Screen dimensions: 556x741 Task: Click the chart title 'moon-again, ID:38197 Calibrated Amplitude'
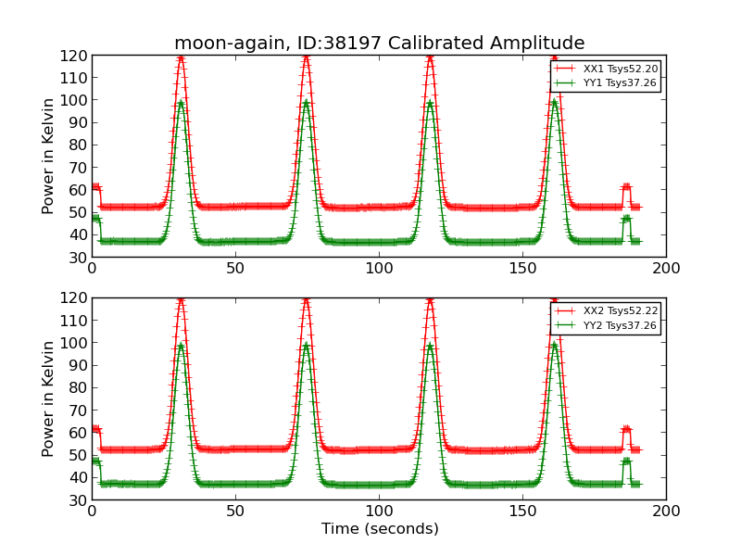[x=379, y=44]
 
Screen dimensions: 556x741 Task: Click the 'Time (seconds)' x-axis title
[x=379, y=529]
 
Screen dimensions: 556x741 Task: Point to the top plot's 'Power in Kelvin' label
[x=49, y=156]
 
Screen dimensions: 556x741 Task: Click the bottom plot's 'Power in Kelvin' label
[x=49, y=398]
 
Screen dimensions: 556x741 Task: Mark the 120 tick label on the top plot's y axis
[x=75, y=56]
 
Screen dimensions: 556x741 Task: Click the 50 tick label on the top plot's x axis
[x=235, y=269]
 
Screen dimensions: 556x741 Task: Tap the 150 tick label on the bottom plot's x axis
[x=522, y=512]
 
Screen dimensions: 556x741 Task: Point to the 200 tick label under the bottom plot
[x=666, y=512]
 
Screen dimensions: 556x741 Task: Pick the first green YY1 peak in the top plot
[x=181, y=102]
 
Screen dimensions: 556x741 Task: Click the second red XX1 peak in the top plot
[x=306, y=57]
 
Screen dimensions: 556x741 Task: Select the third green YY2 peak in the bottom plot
[x=430, y=346]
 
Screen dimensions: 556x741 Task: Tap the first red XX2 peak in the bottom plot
[x=181, y=300]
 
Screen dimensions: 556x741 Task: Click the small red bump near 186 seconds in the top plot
[x=626, y=187]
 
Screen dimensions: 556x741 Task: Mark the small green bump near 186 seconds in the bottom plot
[x=626, y=461]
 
